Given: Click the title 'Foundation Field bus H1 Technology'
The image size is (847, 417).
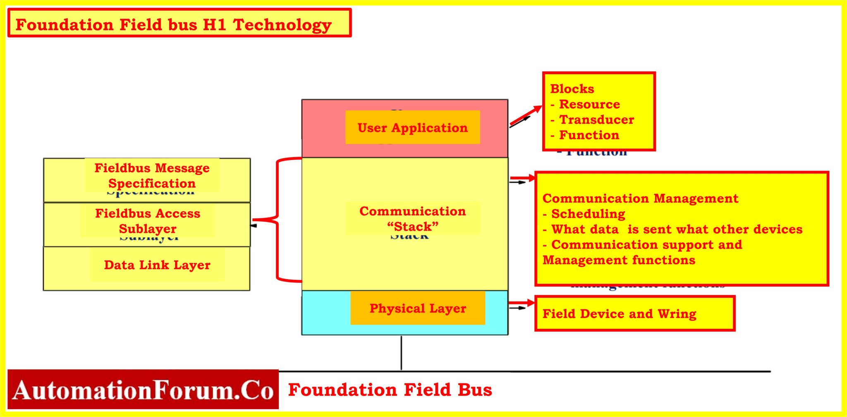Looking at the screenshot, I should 174,25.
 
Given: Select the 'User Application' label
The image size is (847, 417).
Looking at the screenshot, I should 412,128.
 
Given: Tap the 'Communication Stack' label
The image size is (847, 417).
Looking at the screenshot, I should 412,219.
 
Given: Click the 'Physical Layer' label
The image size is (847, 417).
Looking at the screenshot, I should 417,308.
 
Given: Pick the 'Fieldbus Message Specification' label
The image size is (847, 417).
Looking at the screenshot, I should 152,176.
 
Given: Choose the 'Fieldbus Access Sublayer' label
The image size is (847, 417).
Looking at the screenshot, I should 148,221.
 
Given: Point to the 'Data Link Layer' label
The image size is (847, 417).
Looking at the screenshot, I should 157,265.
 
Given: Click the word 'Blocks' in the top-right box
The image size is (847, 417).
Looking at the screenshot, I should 572,89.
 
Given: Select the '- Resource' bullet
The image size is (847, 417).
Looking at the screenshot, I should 585,104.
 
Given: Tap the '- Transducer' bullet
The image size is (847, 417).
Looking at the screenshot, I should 592,120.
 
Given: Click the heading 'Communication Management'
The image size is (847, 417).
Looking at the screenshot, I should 640,198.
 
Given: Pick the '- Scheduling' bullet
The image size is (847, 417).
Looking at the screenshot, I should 584,214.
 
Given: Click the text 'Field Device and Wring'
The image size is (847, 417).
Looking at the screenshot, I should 619,313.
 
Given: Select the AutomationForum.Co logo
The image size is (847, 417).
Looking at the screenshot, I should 143,390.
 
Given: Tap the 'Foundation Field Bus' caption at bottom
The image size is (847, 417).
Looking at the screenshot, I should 390,390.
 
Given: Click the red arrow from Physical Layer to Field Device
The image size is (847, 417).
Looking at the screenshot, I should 522,303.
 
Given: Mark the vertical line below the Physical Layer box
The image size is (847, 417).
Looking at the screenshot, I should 401,352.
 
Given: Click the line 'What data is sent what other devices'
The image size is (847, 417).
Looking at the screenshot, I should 672,229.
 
